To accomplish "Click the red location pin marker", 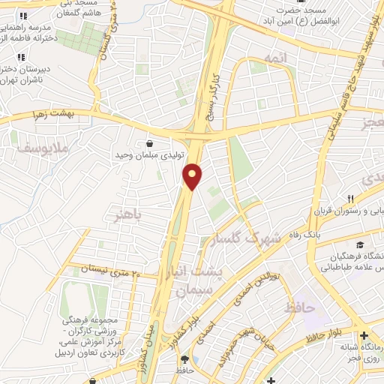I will (193, 176).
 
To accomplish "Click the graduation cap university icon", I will (360, 245).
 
